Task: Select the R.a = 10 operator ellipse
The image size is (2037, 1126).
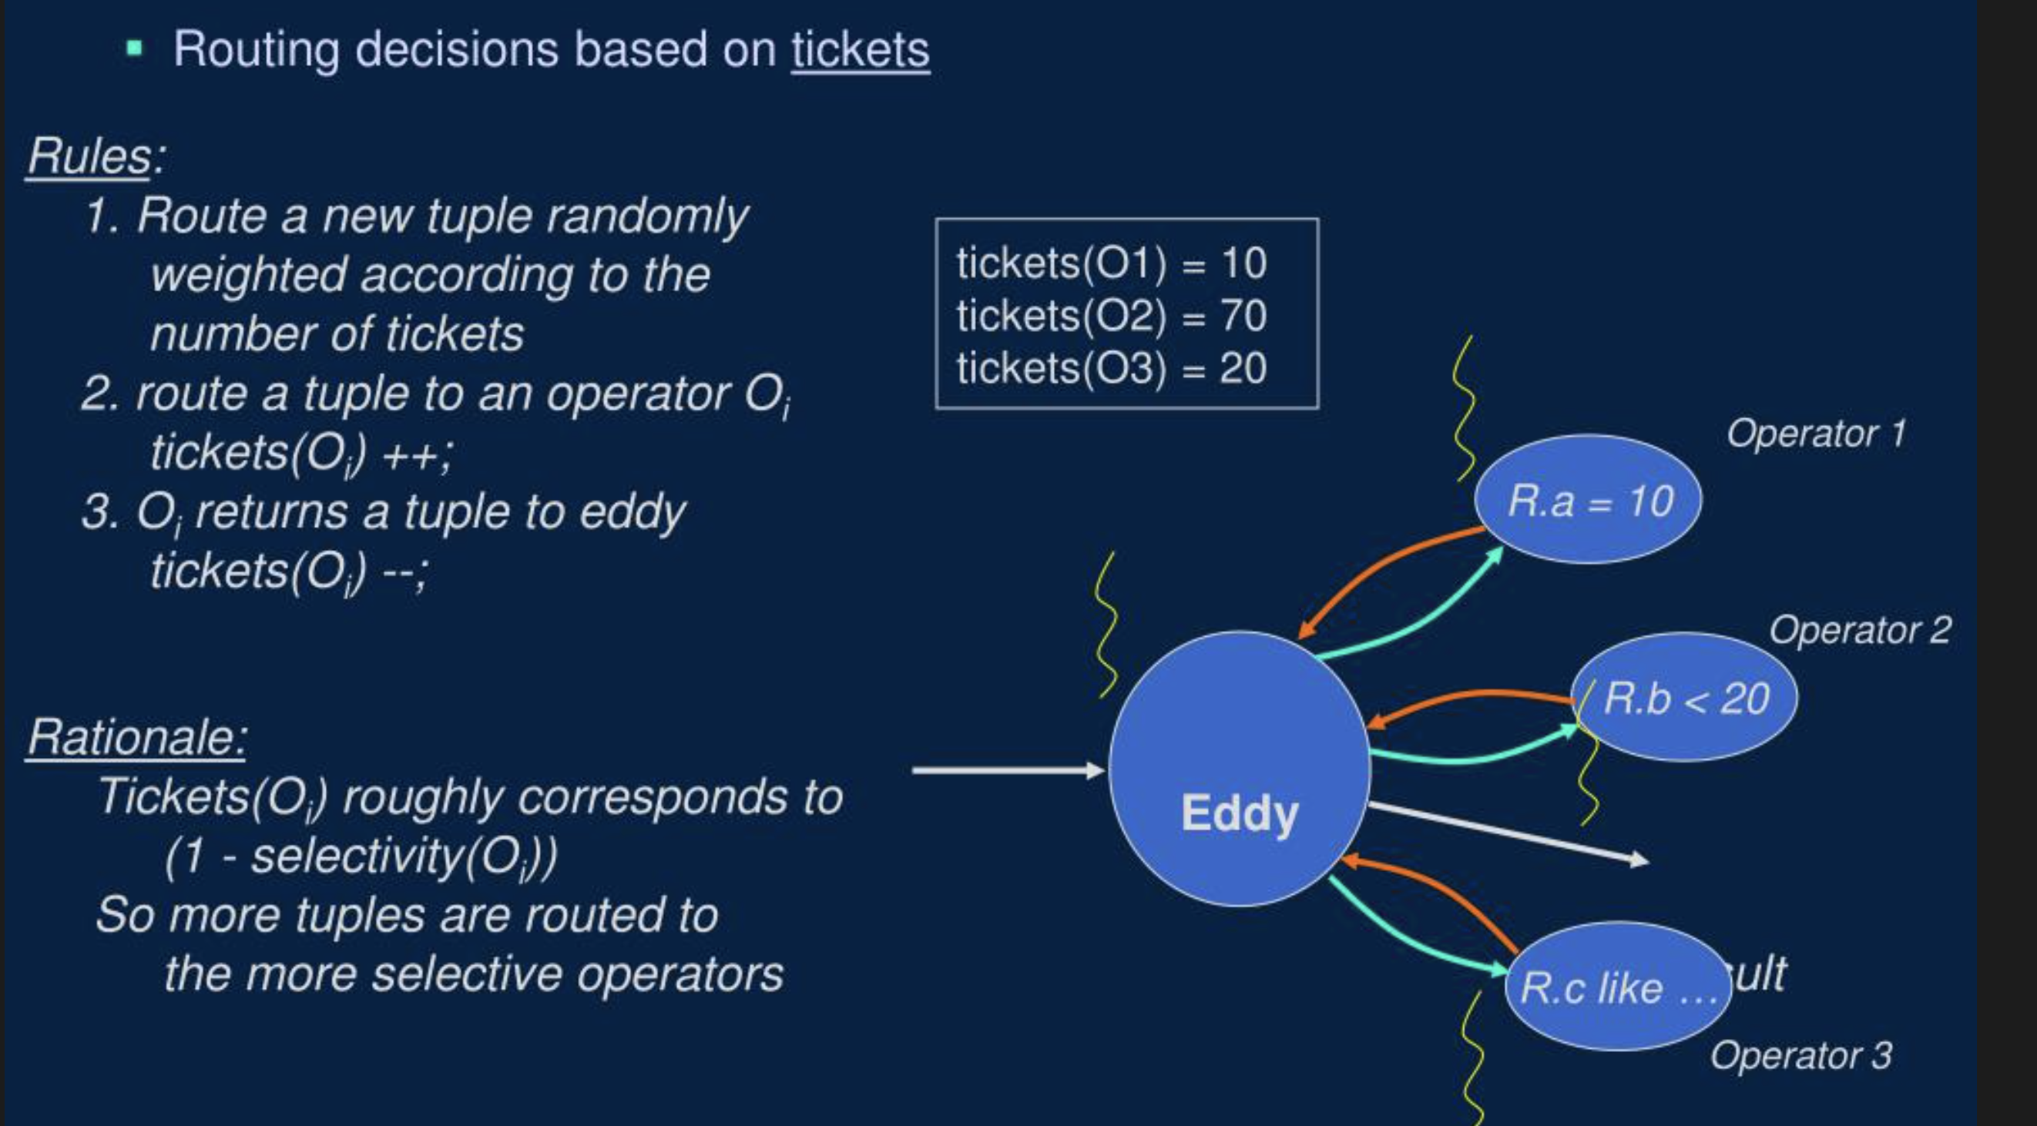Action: tap(1588, 500)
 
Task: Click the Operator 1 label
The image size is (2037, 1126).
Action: tap(1816, 434)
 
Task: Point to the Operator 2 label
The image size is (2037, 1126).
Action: tap(1860, 630)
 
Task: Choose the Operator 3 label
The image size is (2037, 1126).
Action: tap(1800, 1055)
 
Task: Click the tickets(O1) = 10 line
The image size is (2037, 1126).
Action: tap(1111, 263)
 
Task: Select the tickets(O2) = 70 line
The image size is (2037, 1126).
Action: tap(1111, 316)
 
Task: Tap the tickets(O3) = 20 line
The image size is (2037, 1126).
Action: tap(1111, 368)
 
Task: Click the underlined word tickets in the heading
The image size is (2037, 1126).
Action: tap(861, 49)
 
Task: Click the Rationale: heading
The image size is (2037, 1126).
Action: tap(137, 737)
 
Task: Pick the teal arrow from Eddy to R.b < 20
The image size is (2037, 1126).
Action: tap(1471, 755)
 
